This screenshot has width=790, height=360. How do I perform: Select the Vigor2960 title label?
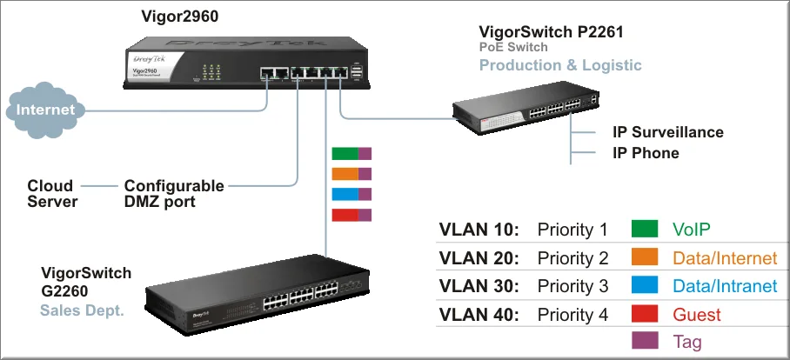[179, 17]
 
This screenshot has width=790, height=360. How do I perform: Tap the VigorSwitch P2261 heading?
[551, 32]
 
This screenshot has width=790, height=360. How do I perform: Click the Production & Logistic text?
[560, 65]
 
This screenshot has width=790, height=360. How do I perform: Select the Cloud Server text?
[52, 194]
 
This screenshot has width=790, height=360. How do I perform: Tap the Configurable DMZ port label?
[174, 194]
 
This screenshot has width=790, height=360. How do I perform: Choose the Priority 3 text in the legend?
[572, 286]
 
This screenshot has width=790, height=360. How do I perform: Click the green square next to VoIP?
[646, 230]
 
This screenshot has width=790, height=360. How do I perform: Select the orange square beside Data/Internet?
[646, 258]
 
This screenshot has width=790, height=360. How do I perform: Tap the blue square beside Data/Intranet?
[646, 286]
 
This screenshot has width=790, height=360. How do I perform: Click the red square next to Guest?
[646, 314]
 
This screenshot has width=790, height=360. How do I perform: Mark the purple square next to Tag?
[646, 342]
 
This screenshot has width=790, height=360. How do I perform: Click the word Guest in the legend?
[697, 314]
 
